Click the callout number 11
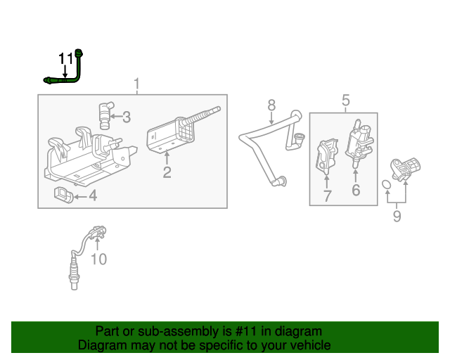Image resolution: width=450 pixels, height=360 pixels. coord(65,58)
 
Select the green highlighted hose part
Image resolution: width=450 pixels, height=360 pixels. coord(77,70)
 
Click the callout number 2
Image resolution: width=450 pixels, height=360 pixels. coord(167,172)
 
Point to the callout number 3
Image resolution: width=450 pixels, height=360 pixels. coord(127,116)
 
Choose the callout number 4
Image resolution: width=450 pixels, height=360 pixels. coord(92,195)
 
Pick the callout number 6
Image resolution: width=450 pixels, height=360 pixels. coord(356,191)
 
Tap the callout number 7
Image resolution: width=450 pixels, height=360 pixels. coord(327,196)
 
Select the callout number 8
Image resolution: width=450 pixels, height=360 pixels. coord(271,105)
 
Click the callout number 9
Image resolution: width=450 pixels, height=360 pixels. coord(397,217)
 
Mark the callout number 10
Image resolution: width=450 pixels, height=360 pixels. coord(98,259)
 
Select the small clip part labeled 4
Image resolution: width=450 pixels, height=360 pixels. coord(63,193)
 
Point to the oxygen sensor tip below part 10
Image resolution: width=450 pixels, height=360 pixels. coord(73,281)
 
